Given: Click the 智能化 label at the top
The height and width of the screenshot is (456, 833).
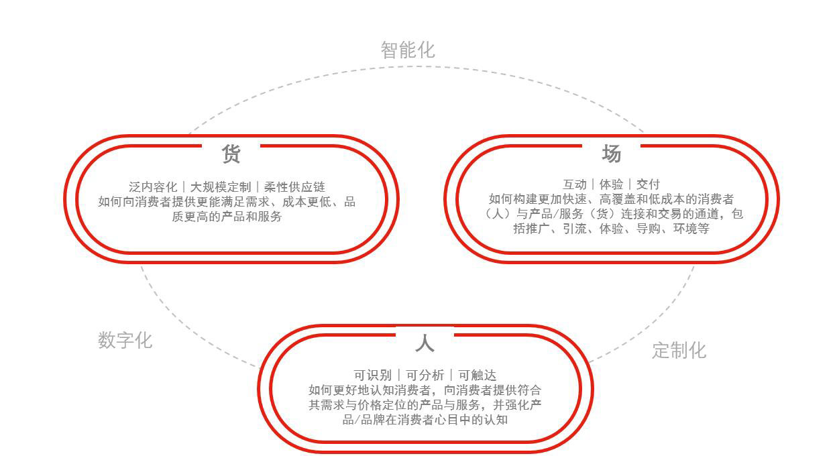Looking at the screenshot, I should [x=408, y=50].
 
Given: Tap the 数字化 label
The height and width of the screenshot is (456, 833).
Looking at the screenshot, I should [x=125, y=340].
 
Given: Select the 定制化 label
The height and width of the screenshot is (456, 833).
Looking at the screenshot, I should [x=679, y=350].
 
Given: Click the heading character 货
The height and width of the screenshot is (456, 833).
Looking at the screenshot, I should [x=231, y=154].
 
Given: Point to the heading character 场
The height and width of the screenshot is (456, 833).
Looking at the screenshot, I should [x=611, y=154].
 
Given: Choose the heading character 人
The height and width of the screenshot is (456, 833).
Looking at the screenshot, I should [x=425, y=344].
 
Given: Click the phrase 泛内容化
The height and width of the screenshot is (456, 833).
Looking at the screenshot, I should [x=153, y=187].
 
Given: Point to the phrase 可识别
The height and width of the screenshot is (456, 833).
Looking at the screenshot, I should [x=373, y=376].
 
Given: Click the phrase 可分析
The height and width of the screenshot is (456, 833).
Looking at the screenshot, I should [x=425, y=376].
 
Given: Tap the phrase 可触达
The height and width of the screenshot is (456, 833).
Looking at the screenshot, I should [x=478, y=376].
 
